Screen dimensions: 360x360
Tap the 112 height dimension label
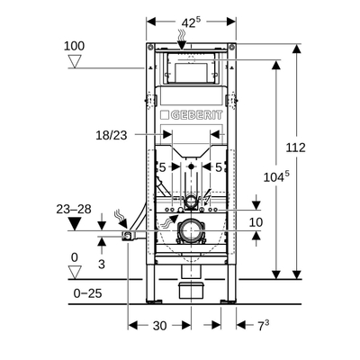tap(295, 148)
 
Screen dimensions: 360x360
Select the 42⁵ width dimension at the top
tap(191, 22)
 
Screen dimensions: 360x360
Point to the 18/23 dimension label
tap(112, 136)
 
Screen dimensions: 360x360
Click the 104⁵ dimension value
tap(276, 176)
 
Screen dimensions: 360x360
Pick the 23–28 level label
tap(74, 209)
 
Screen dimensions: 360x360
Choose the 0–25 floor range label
tap(87, 293)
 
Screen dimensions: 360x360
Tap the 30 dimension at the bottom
tap(159, 326)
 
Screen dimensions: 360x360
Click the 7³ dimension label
tap(264, 325)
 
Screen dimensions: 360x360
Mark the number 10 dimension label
tap(256, 222)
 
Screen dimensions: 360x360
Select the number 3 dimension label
tap(102, 265)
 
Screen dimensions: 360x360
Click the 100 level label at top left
tap(74, 46)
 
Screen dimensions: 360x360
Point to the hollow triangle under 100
tap(75, 61)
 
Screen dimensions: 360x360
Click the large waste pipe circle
tap(191, 231)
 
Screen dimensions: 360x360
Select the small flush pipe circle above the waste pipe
tap(191, 201)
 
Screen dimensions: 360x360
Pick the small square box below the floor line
tap(191, 291)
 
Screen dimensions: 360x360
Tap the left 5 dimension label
tap(162, 167)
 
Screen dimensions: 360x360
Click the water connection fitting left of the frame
tap(129, 236)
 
